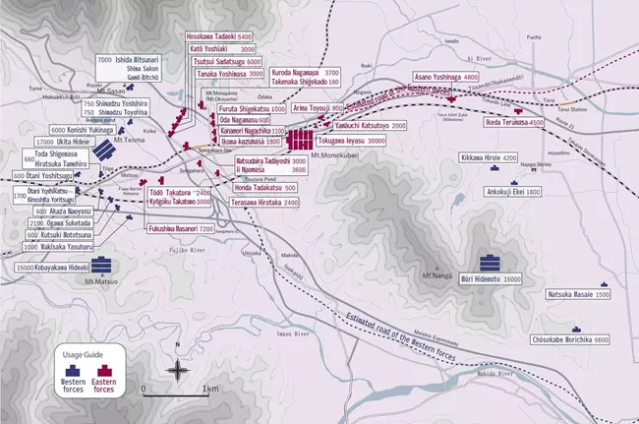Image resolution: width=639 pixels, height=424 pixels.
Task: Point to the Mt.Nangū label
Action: (x=436, y=273)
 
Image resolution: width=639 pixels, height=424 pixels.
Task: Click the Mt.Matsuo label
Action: (x=101, y=283)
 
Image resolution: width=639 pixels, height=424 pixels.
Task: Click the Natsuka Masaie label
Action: (x=578, y=294)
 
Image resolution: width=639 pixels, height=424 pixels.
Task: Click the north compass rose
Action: (x=176, y=370)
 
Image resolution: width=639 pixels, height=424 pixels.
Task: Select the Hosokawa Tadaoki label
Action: (x=218, y=36)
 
